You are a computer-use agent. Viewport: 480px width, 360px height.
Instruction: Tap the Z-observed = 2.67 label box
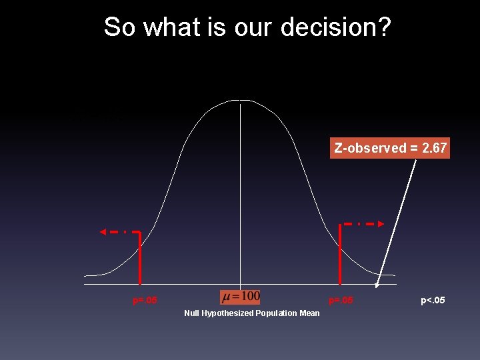[390, 148]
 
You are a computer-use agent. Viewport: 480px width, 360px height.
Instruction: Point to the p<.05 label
[433, 301]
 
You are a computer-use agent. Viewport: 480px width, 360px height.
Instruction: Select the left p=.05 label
[145, 301]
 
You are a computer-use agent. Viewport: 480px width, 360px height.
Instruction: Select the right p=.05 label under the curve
[341, 301]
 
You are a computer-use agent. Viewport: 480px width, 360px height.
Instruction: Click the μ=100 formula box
[241, 296]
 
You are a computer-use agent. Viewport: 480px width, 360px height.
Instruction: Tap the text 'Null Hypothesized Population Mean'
[252, 313]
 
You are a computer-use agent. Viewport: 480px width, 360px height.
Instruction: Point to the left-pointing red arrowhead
[103, 232]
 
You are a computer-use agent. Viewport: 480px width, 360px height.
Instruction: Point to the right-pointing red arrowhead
[381, 224]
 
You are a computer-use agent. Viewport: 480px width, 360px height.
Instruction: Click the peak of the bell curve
[240, 101]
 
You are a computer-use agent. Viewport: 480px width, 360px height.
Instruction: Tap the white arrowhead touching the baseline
[377, 283]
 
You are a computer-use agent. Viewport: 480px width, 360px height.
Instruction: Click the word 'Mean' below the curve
[309, 313]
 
